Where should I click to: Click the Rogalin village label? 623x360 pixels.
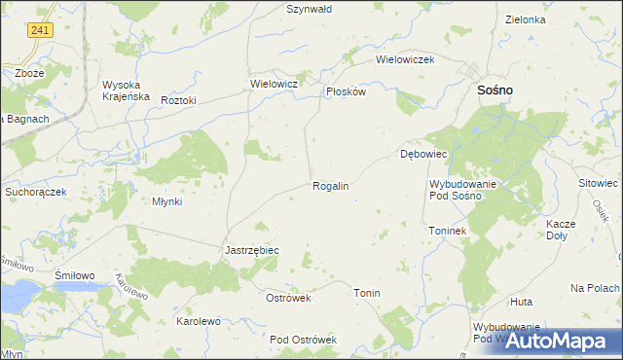[330, 185]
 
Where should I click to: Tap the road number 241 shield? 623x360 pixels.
[40, 31]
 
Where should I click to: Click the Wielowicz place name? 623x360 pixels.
[274, 85]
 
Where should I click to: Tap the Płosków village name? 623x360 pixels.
[346, 91]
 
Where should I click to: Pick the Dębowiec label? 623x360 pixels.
[423, 154]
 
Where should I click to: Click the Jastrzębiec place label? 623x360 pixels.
[252, 250]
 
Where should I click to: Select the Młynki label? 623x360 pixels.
[167, 201]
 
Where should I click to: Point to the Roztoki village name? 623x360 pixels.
[179, 100]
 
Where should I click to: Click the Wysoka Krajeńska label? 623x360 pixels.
[126, 90]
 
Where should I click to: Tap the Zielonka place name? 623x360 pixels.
[526, 19]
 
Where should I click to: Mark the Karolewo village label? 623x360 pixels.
[198, 320]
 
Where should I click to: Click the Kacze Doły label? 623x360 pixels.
[562, 230]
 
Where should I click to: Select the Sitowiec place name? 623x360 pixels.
[599, 183]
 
